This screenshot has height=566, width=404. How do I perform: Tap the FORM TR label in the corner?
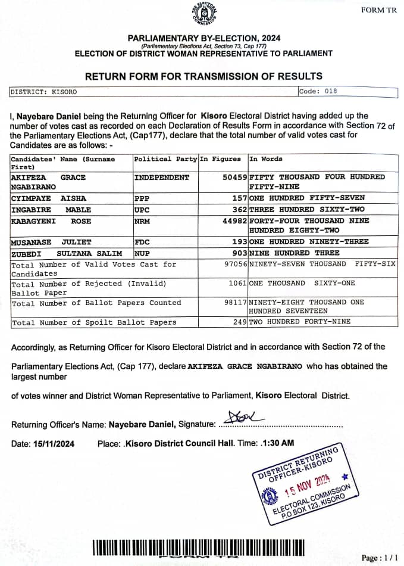pyautogui.click(x=378, y=10)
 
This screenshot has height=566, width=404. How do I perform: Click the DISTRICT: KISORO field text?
pyautogui.click(x=43, y=92)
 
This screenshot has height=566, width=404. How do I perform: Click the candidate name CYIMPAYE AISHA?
pyautogui.click(x=48, y=198)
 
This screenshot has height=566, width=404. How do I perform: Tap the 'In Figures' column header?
pyautogui.click(x=220, y=159)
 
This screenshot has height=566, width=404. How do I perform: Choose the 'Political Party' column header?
pyautogui.click(x=165, y=159)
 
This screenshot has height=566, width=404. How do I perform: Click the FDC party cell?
pyautogui.click(x=143, y=242)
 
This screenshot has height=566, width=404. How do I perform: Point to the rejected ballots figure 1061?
pyautogui.click(x=236, y=284)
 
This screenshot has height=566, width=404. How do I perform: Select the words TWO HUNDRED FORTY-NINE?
pyautogui.click(x=300, y=322)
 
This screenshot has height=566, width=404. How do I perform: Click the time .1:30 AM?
pyautogui.click(x=277, y=444)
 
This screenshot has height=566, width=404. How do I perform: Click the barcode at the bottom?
pyautogui.click(x=198, y=547)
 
